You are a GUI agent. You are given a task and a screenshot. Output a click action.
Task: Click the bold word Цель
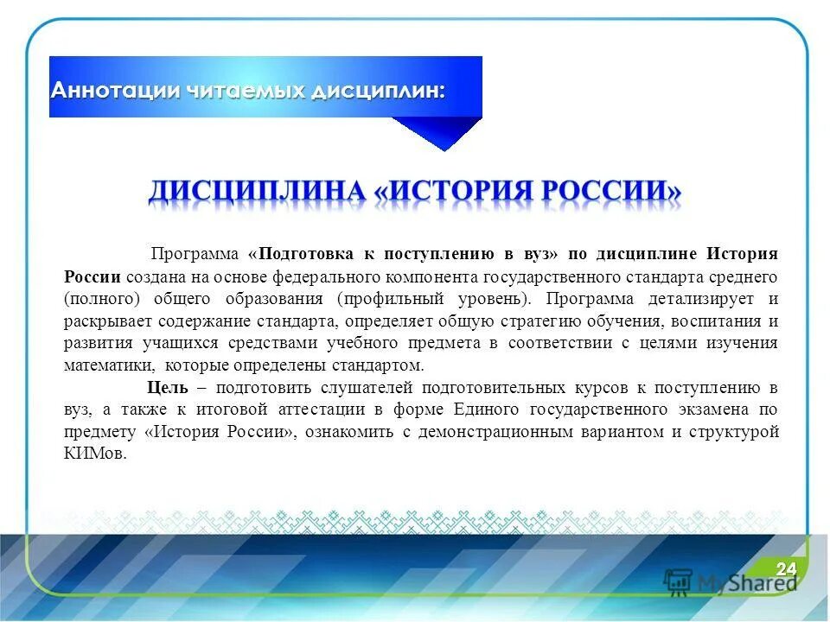(x=163, y=387)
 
